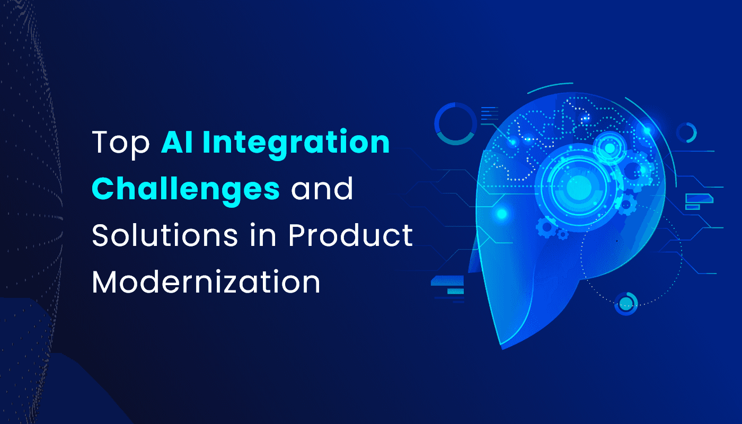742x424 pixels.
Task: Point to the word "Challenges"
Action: [185, 189]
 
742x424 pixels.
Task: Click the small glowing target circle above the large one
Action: [610, 149]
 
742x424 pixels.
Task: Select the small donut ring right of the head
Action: [686, 132]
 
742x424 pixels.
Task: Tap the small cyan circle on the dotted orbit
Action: [626, 303]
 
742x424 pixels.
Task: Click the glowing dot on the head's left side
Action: [501, 214]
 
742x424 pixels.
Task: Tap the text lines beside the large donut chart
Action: [489, 114]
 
